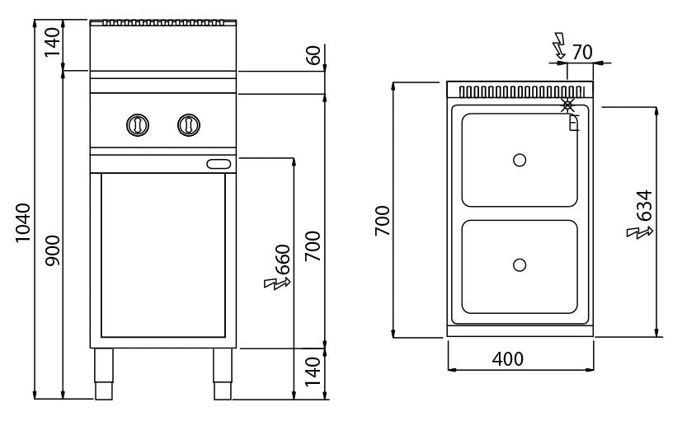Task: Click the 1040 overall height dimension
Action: (x=23, y=222)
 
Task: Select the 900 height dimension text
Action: (x=53, y=250)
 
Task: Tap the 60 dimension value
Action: (x=313, y=55)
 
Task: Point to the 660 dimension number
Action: (x=283, y=260)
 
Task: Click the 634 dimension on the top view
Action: (x=645, y=205)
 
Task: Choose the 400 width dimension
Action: (x=508, y=359)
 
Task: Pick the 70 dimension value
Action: (x=582, y=53)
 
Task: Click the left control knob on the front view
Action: (x=138, y=125)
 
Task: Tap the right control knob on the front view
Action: (x=189, y=125)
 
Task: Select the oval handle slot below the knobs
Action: (x=219, y=164)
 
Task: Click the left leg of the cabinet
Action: (x=104, y=374)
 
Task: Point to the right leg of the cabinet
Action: (x=223, y=374)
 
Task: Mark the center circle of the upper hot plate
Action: (x=520, y=160)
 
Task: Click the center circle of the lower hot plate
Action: (x=520, y=264)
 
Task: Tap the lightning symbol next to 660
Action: (x=277, y=283)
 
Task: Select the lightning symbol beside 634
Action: (x=639, y=233)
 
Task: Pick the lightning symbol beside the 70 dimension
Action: (x=558, y=46)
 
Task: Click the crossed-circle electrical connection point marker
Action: (x=567, y=105)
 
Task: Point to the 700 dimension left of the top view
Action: (x=383, y=221)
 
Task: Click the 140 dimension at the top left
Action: (x=53, y=42)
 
